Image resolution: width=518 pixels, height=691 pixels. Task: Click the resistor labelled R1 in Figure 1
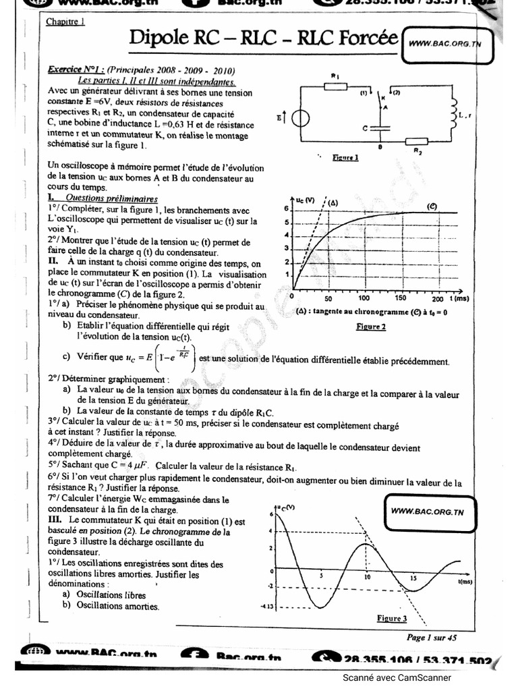point(335,84)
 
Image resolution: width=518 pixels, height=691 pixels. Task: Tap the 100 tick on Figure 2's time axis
point(364,298)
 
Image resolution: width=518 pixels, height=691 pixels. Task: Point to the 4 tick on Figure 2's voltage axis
point(286,236)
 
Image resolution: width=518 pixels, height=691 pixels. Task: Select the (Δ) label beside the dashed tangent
point(333,202)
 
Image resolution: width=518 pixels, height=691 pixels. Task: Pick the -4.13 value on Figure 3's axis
point(268,607)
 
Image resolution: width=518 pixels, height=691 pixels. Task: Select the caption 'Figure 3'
point(392,618)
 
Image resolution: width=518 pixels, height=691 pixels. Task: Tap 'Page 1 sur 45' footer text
point(432,637)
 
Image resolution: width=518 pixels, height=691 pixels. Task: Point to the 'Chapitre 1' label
point(65,22)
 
